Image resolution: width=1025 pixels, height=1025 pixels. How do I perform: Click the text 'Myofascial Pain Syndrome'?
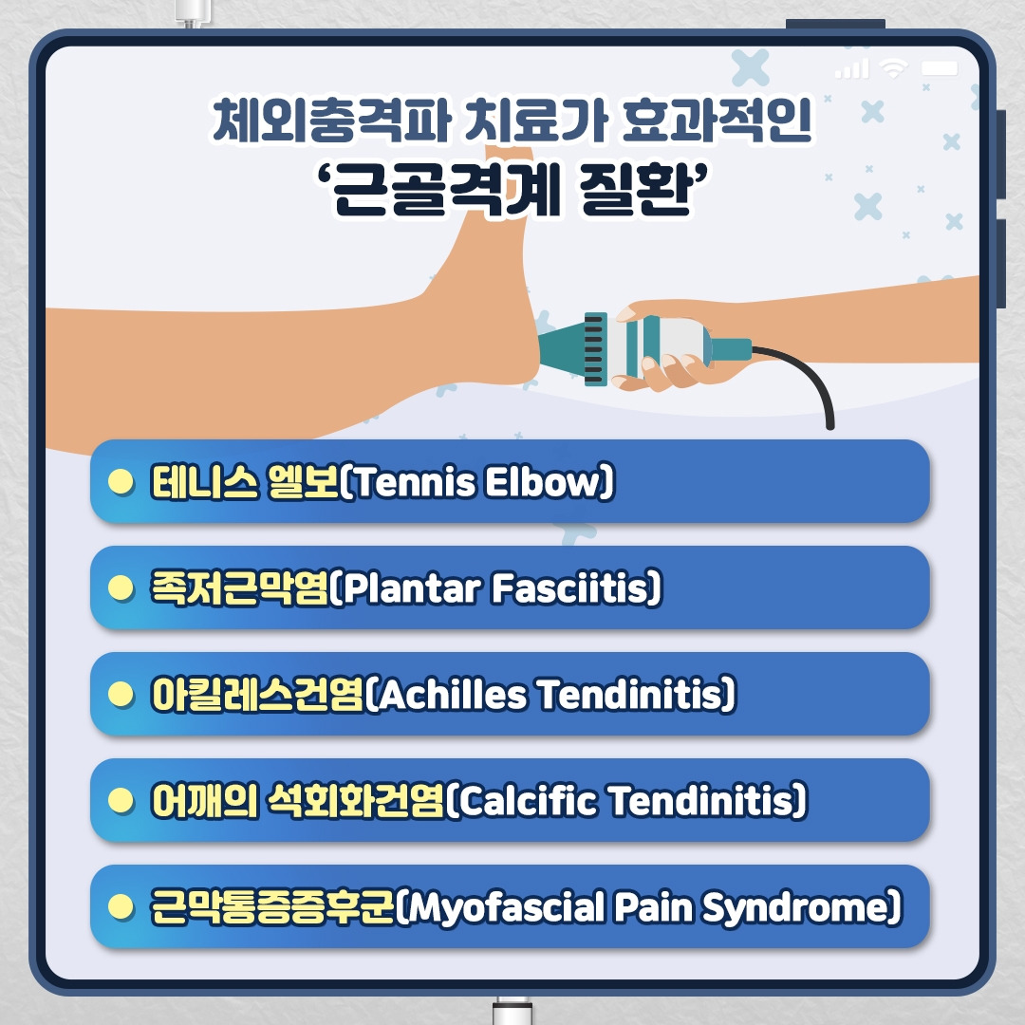(x=645, y=908)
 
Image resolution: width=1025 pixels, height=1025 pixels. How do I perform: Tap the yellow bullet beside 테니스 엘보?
(x=120, y=482)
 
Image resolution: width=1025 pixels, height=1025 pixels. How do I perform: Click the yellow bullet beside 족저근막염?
(x=120, y=588)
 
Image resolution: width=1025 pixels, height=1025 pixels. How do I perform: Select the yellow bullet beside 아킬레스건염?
(x=120, y=695)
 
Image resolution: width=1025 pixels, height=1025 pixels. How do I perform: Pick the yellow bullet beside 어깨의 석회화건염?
(x=120, y=801)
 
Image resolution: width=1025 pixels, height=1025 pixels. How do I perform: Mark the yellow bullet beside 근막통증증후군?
(x=120, y=907)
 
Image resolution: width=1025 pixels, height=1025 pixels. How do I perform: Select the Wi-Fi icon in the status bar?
(x=893, y=68)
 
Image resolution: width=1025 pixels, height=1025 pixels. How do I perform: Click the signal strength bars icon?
(x=851, y=68)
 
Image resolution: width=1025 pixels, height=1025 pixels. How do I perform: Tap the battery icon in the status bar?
(x=940, y=68)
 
